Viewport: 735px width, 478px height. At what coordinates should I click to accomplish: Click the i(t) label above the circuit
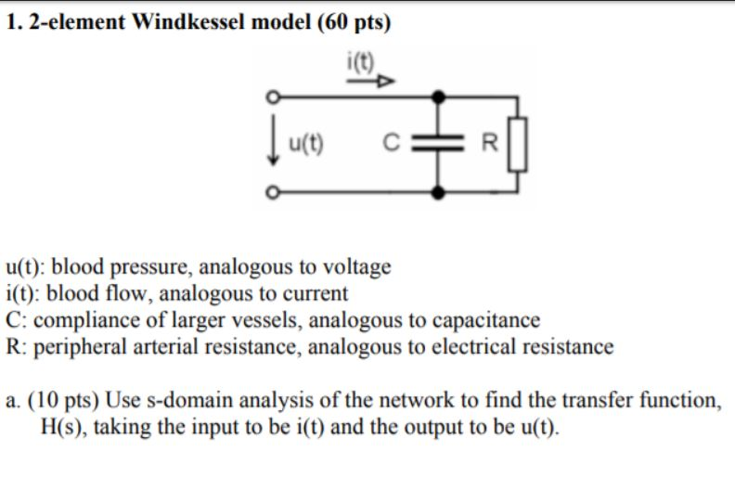(357, 63)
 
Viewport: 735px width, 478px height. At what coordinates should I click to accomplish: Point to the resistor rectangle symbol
(518, 144)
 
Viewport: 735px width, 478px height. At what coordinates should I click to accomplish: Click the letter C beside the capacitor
(393, 144)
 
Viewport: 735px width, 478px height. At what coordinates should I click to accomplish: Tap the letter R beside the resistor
(492, 144)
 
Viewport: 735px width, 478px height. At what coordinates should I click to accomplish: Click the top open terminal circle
(272, 97)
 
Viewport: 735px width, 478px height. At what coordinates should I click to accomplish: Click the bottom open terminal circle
(272, 192)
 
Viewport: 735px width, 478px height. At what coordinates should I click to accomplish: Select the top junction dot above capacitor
(440, 97)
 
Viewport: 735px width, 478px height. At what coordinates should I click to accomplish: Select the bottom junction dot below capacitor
(440, 192)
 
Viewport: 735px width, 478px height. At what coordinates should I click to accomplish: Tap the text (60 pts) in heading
(353, 22)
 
